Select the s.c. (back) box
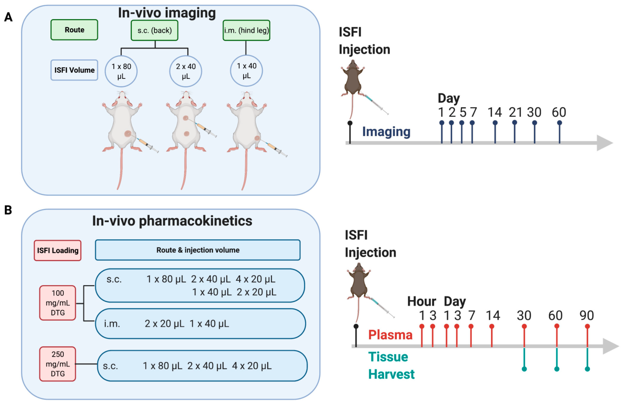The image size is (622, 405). [x=154, y=30]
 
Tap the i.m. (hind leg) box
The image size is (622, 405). [x=246, y=30]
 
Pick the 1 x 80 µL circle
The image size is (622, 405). [x=121, y=71]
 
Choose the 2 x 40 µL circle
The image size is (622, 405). [x=186, y=71]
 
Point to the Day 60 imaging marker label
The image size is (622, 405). [x=559, y=112]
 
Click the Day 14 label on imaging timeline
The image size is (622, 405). [x=495, y=112]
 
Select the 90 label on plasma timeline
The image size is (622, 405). [x=587, y=316]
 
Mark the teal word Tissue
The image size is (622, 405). [x=388, y=357]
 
